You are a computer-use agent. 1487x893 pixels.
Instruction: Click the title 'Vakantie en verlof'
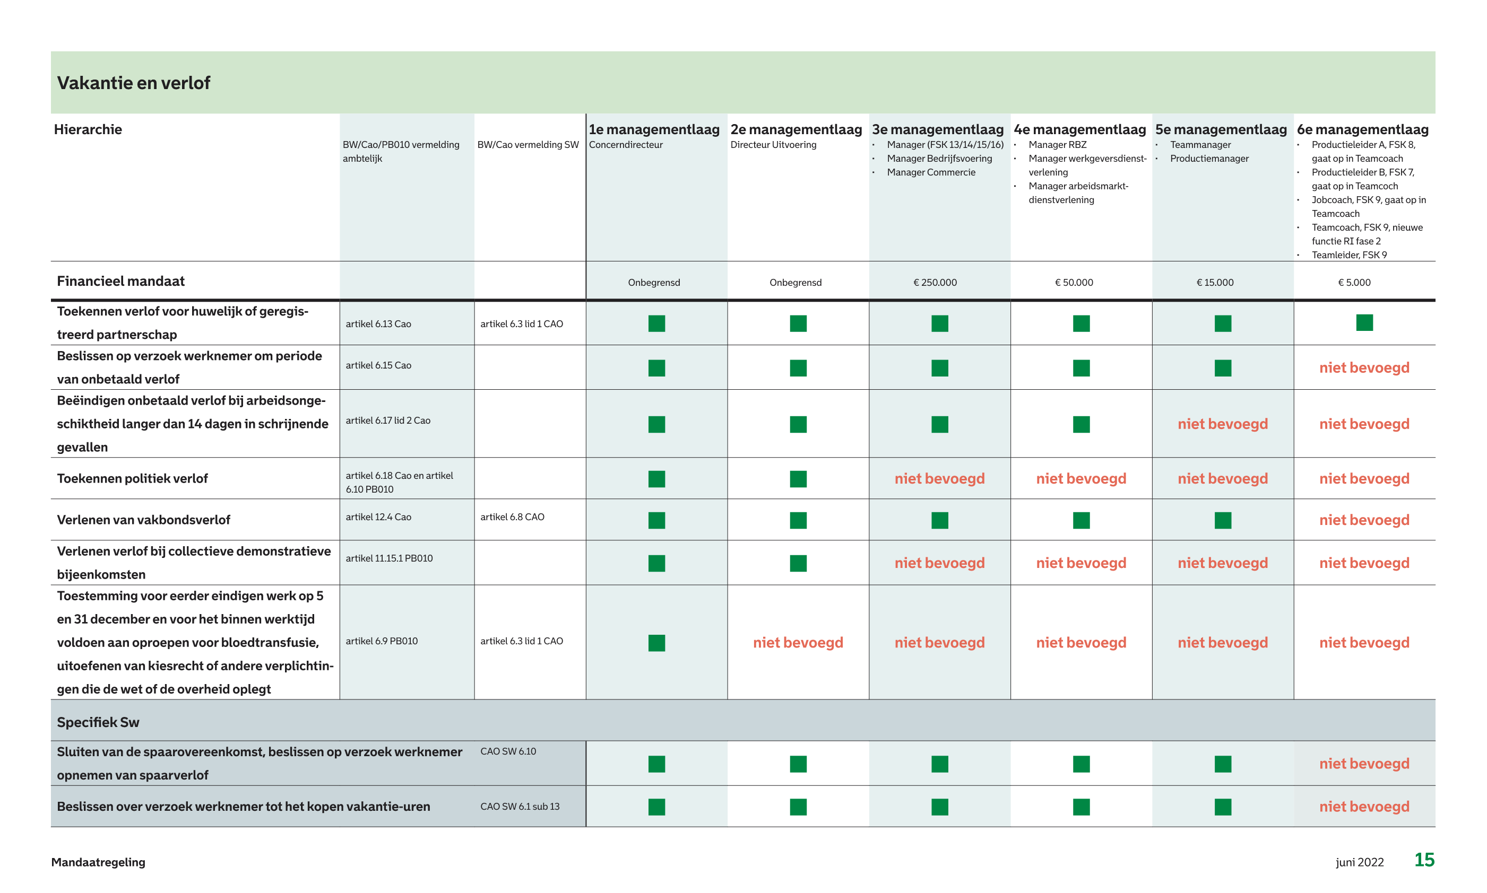click(x=133, y=83)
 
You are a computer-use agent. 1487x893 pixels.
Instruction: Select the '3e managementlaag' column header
click(x=937, y=129)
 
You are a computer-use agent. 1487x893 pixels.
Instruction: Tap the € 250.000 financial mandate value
click(x=935, y=282)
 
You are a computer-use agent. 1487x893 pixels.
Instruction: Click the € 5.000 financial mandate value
click(x=1354, y=282)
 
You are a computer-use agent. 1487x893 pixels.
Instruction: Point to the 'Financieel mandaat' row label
click(x=120, y=281)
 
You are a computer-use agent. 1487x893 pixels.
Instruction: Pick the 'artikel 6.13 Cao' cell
click(x=378, y=324)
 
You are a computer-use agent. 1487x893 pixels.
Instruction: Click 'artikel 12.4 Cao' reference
click(x=378, y=517)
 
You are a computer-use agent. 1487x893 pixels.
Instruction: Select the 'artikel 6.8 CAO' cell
click(x=512, y=517)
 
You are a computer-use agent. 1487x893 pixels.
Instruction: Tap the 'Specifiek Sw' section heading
click(x=98, y=722)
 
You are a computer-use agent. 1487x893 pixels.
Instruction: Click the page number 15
click(x=1424, y=860)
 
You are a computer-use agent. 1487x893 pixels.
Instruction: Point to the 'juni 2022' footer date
click(x=1360, y=862)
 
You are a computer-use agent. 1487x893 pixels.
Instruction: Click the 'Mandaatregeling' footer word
click(x=98, y=862)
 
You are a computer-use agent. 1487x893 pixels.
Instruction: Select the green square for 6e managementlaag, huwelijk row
click(x=1364, y=322)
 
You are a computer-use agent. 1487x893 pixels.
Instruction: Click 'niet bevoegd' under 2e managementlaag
click(x=798, y=643)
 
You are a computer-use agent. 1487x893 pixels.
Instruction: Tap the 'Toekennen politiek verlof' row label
click(x=133, y=478)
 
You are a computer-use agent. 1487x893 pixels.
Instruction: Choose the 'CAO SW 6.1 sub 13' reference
click(x=520, y=807)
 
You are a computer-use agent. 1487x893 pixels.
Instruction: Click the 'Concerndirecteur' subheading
click(x=626, y=145)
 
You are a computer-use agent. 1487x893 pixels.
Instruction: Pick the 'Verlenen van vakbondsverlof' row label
click(x=143, y=520)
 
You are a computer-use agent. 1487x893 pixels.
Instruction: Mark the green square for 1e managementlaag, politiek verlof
click(x=656, y=479)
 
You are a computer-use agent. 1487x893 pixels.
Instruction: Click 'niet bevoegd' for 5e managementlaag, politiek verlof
click(x=1222, y=479)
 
